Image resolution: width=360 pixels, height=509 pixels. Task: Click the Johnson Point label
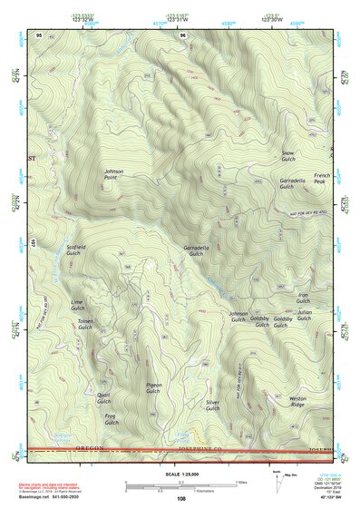point(113,173)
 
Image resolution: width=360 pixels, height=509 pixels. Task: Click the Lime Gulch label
point(77,304)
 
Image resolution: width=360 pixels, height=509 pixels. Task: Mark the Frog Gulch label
point(111,419)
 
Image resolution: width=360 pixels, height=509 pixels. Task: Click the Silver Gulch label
point(212,406)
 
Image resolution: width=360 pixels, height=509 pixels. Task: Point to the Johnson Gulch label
point(238,317)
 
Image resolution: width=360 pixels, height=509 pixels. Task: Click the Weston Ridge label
point(297,402)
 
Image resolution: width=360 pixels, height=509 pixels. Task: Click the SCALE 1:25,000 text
point(180,474)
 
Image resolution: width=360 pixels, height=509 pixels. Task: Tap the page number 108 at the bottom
point(180,498)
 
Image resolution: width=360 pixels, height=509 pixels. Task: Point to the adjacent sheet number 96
point(184,35)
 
